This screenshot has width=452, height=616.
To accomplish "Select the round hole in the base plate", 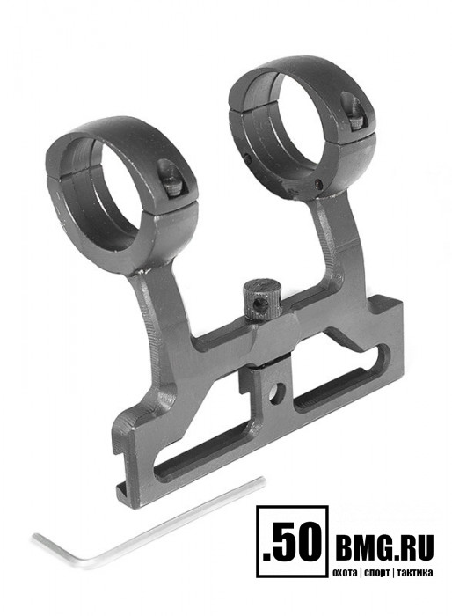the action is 277,393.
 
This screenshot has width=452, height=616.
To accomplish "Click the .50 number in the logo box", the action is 292,541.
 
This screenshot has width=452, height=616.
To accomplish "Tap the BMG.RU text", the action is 384,546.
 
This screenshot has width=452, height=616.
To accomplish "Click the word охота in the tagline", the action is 345,572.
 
